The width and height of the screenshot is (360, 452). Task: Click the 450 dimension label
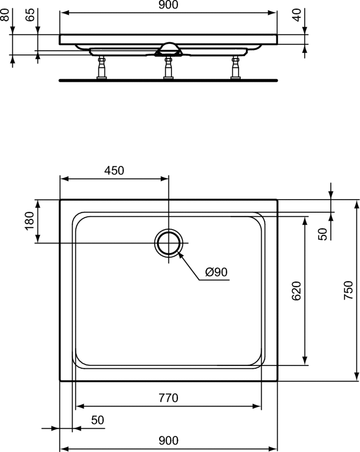[x=114, y=171]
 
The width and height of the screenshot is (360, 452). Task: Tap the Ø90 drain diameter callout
[x=216, y=272]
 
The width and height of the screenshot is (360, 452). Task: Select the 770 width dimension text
[x=168, y=398]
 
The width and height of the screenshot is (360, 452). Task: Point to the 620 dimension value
[x=296, y=290]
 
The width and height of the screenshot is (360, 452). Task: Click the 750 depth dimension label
[x=349, y=290]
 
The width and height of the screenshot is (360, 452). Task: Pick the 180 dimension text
[x=30, y=221]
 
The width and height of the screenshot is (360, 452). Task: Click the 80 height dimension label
[x=5, y=15]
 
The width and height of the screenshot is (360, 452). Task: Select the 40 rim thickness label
[x=296, y=15]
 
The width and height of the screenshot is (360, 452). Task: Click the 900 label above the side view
[x=168, y=5]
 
